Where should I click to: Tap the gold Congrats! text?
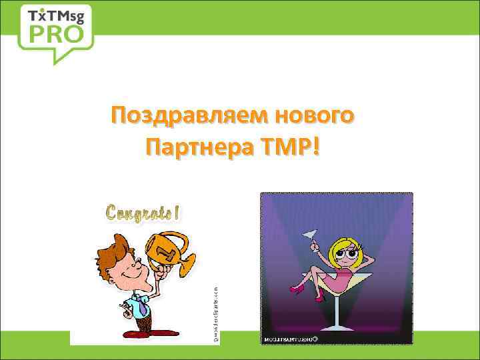pyautogui.click(x=143, y=213)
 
